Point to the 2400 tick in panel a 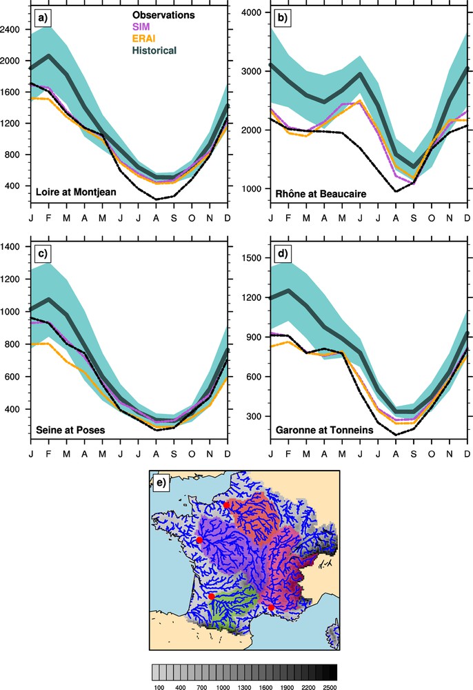pyautogui.click(x=14, y=30)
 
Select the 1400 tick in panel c pyautogui.click(x=14, y=246)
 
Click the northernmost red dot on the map pyautogui.click(x=226, y=504)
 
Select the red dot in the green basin pyautogui.click(x=212, y=596)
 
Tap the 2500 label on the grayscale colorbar pyautogui.click(x=329, y=687)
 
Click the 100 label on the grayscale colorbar pyautogui.click(x=158, y=687)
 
